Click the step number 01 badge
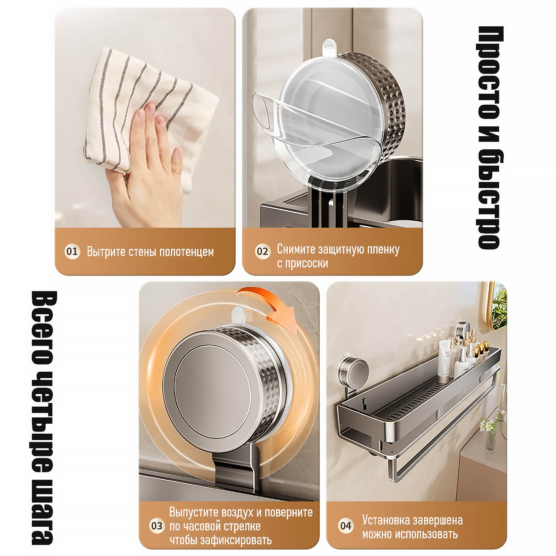72,252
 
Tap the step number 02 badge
262,252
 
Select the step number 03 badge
156,526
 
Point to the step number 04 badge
345,526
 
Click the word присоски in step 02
307,264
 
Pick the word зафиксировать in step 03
236,540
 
